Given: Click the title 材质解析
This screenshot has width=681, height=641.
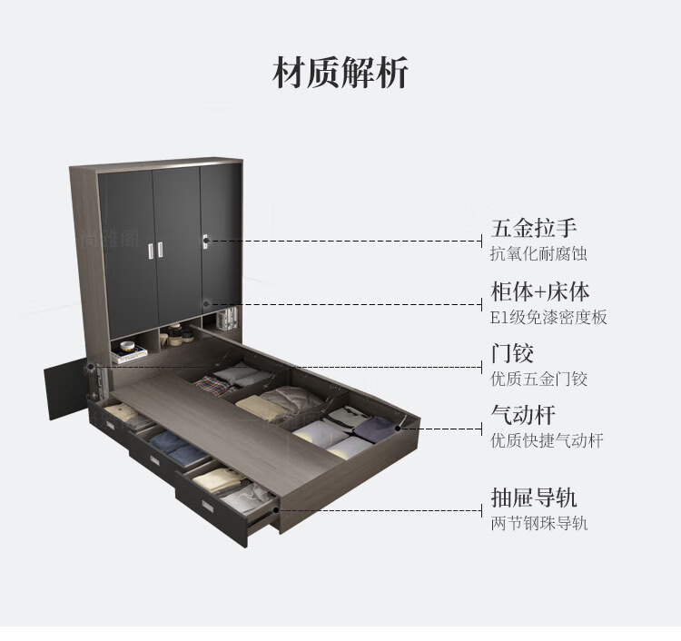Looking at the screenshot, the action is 340,73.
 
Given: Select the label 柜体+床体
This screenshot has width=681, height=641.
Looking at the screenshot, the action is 539,291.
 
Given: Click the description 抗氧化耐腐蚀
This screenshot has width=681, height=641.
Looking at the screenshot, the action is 538,253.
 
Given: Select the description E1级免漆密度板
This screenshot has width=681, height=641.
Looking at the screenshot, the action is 548,317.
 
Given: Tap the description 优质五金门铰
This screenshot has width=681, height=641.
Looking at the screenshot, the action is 538,379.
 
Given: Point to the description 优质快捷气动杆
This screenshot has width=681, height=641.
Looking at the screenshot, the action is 547,441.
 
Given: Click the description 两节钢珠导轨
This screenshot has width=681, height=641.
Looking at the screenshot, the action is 538,523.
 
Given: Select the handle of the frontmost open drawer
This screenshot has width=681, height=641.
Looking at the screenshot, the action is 212,507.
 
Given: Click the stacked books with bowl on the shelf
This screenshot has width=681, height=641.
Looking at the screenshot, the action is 128,351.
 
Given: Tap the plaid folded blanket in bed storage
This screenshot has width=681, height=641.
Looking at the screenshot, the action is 214,387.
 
